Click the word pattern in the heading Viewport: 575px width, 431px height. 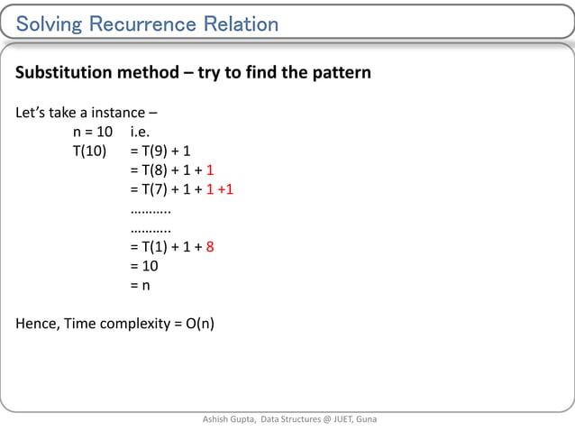pyautogui.click(x=339, y=72)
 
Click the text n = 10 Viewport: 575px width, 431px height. pyautogui.click(x=93, y=132)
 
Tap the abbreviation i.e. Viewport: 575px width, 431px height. pyautogui.click(x=145, y=132)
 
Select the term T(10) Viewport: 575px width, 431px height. pyautogui.click(x=90, y=151)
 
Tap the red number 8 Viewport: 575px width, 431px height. pyautogui.click(x=209, y=247)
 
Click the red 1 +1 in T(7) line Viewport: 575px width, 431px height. pyautogui.click(x=220, y=189)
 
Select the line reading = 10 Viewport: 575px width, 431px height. pyautogui.click(x=144, y=266)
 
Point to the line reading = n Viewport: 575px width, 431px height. pyautogui.click(x=140, y=286)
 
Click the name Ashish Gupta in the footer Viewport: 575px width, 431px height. pyautogui.click(x=228, y=419)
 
